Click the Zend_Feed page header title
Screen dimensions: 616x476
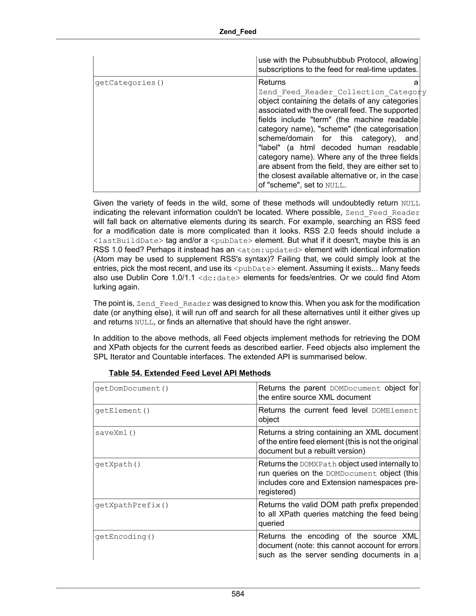238,32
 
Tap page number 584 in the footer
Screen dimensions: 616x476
238,594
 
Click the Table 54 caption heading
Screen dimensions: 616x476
190,373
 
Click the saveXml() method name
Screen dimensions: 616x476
115,433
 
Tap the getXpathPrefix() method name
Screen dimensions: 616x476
132,505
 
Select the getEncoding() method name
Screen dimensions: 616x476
125,537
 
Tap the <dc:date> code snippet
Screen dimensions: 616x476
219,278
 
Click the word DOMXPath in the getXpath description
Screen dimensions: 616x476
318,464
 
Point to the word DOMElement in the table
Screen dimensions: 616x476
394,411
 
